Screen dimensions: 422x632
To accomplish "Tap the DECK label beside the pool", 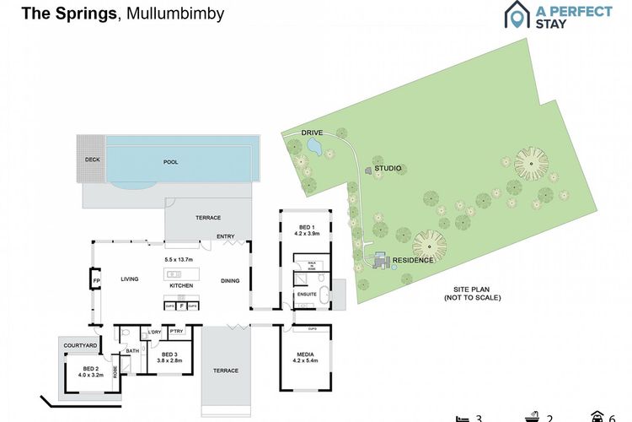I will (92, 160).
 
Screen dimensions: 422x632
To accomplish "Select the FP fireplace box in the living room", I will (95, 279).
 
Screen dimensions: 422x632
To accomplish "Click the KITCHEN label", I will (181, 286).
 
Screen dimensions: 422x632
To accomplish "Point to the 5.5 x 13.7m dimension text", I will (179, 259).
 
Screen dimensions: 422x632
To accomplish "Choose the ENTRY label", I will (226, 237).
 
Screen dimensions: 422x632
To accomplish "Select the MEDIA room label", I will (305, 354).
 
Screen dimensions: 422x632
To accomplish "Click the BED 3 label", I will (169, 354).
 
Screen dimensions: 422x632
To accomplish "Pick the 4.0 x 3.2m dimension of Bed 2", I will (90, 372).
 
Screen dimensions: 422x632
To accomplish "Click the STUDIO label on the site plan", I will (388, 169).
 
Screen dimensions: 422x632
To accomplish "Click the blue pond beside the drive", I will (315, 147).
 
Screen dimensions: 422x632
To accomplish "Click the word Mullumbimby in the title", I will (174, 14).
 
